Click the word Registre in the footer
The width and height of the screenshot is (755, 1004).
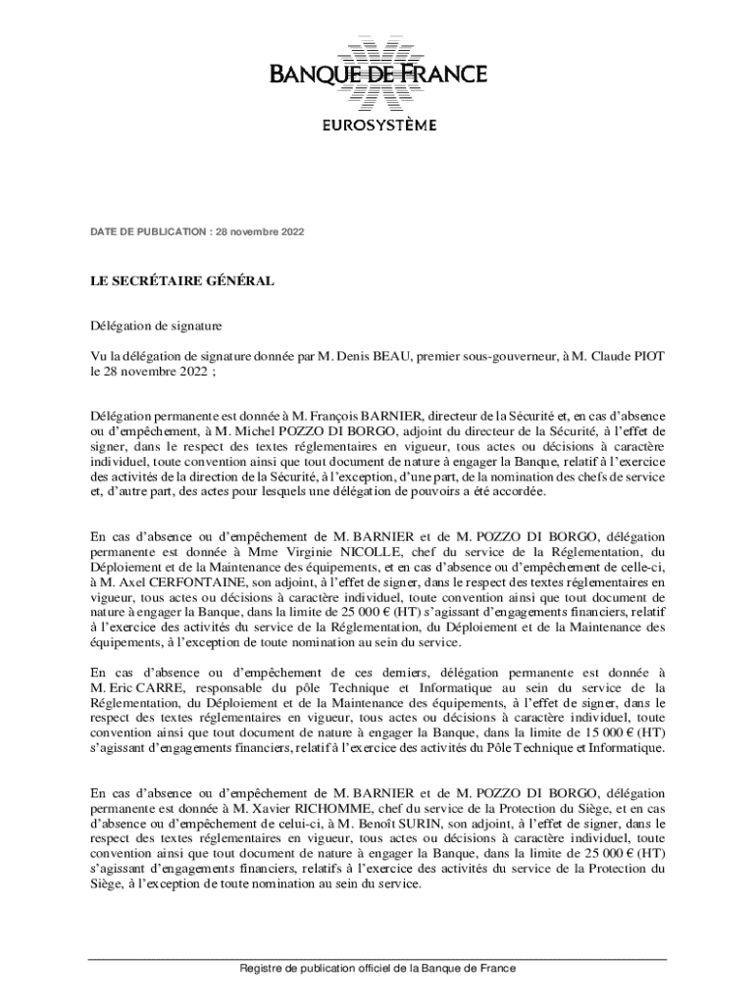266,969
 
